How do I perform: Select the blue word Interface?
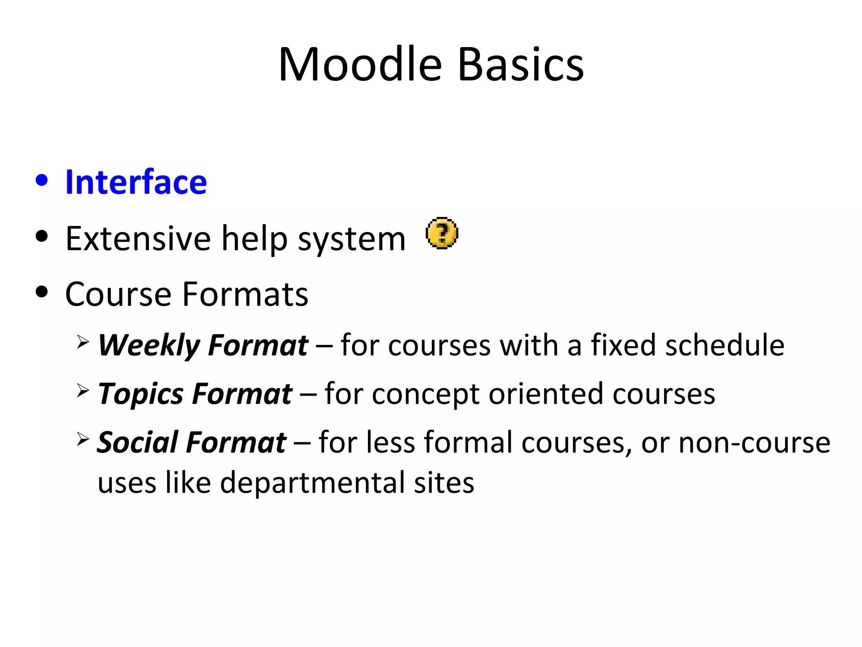136,182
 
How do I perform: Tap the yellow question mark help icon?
442,233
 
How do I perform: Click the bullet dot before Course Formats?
42,291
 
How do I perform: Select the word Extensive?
138,239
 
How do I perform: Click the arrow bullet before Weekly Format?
83,342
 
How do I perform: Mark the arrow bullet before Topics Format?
83,390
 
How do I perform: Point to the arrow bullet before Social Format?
83,439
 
